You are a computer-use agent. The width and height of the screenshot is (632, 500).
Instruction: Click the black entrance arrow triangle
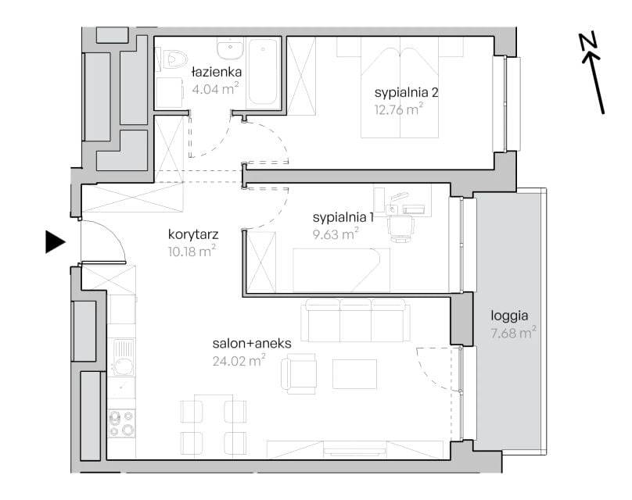(55, 242)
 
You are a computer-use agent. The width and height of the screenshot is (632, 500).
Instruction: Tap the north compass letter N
(589, 42)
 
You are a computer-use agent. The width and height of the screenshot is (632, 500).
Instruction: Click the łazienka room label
(217, 72)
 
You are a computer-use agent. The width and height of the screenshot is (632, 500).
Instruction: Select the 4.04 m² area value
(215, 88)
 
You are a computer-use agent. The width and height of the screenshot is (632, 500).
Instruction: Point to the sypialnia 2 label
(406, 93)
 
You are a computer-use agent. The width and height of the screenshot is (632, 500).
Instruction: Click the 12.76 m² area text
(399, 109)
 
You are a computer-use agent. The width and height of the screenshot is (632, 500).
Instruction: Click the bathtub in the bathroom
(263, 71)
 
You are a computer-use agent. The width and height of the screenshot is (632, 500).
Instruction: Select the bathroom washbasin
(230, 49)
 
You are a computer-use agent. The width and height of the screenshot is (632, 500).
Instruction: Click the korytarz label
(193, 234)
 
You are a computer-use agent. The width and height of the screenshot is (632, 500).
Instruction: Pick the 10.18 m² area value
(192, 252)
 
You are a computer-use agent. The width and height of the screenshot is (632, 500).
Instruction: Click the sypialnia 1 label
(343, 217)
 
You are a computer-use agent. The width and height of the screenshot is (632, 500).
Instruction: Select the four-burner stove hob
(122, 423)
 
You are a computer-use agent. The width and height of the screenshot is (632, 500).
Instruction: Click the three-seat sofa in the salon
(355, 320)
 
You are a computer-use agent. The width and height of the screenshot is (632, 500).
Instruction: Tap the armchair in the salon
(299, 374)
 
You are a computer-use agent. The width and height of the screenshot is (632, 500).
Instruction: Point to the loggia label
(509, 316)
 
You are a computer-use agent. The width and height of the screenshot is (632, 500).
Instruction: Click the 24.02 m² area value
(239, 360)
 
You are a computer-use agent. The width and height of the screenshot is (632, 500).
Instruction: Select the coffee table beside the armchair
(354, 374)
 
